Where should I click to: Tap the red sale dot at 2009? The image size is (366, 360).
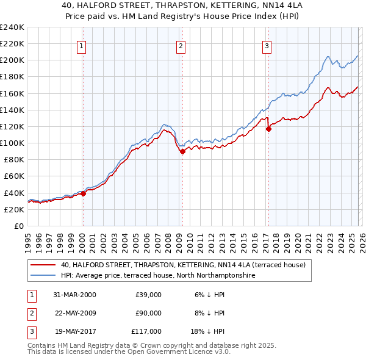[182, 152]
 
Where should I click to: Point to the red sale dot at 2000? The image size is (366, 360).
[84, 193]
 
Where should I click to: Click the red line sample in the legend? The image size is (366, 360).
[44, 265]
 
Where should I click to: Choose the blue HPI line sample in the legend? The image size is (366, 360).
[44, 276]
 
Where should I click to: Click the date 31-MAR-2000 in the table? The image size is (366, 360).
[74, 295]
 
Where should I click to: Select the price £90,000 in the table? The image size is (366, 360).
[148, 313]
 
